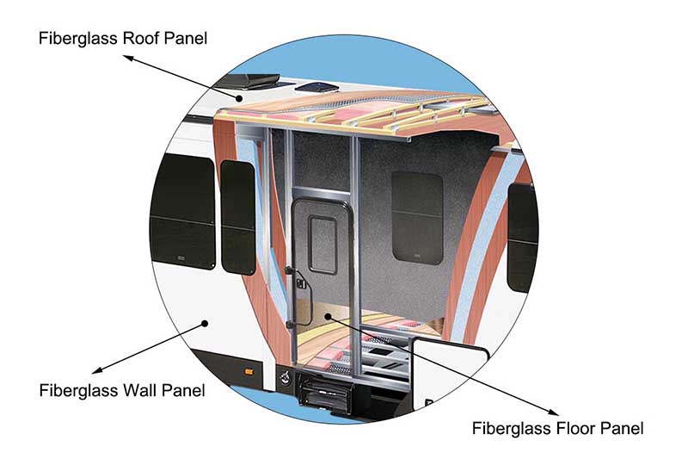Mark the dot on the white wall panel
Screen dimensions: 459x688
point(205,323)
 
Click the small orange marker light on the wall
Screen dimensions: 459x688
point(249,370)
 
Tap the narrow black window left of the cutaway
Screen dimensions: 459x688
point(238,216)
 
